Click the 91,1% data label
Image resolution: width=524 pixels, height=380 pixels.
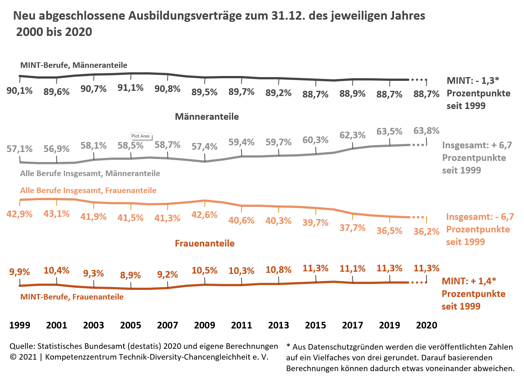[130, 88]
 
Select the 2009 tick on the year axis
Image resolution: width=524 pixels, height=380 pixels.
[205, 326]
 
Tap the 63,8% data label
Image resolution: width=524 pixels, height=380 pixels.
[426, 131]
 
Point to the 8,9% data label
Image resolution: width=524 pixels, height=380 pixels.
[130, 275]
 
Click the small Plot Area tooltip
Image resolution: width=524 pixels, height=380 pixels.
[140, 136]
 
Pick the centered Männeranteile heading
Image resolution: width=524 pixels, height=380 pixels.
[207, 117]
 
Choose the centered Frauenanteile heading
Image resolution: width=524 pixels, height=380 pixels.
[205, 244]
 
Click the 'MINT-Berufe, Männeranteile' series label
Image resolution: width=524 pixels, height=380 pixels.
[74, 65]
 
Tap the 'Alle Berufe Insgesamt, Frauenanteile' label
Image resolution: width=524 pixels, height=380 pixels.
[88, 191]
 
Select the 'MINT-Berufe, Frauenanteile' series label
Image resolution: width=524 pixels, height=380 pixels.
[72, 297]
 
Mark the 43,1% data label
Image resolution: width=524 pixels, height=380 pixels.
[56, 214]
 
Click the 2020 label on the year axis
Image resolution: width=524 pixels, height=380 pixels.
[426, 326]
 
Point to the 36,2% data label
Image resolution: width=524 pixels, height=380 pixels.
[426, 232]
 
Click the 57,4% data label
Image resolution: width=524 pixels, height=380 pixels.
[205, 147]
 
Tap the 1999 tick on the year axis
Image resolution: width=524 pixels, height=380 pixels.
[20, 326]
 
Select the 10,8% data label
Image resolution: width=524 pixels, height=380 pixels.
[279, 270]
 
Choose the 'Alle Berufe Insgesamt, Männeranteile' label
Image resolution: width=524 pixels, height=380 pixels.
[90, 174]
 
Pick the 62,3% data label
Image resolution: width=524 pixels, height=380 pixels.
[352, 135]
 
